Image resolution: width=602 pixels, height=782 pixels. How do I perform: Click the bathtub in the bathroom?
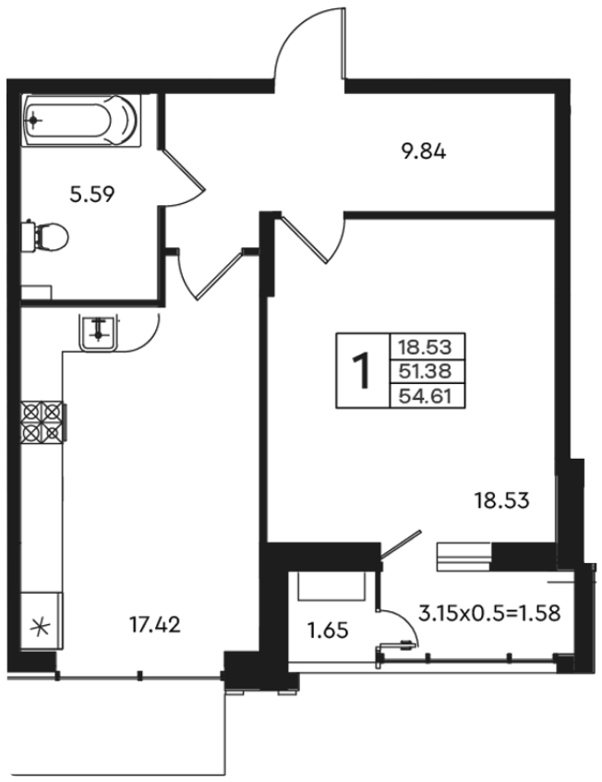point(81,120)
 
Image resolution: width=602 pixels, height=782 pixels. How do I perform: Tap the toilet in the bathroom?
point(45,236)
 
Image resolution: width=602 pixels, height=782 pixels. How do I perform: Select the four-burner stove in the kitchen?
point(42,421)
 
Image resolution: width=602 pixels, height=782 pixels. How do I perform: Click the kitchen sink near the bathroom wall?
point(98,333)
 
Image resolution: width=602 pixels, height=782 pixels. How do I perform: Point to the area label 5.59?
point(92,194)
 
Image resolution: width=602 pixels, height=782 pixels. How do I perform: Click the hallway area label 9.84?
point(424,151)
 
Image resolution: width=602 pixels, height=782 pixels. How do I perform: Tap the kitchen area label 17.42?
point(154,624)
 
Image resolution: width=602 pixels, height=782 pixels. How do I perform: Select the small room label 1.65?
point(328,631)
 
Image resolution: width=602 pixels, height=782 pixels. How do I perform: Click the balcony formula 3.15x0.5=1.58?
point(489,613)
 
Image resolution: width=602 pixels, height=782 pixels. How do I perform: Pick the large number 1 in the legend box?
point(362,370)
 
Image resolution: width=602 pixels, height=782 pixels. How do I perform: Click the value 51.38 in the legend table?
point(426,371)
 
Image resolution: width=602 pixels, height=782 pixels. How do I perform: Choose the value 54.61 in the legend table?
point(426,396)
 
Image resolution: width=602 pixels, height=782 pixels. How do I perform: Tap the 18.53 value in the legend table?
point(426,346)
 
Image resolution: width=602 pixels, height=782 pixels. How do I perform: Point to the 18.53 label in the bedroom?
point(501,500)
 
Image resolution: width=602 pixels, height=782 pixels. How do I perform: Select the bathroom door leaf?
point(185,170)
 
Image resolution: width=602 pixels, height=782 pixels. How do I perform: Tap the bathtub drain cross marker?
point(33,120)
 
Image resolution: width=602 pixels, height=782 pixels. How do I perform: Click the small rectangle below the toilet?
point(36,293)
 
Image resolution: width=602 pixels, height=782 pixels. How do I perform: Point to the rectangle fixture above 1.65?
point(331,585)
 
